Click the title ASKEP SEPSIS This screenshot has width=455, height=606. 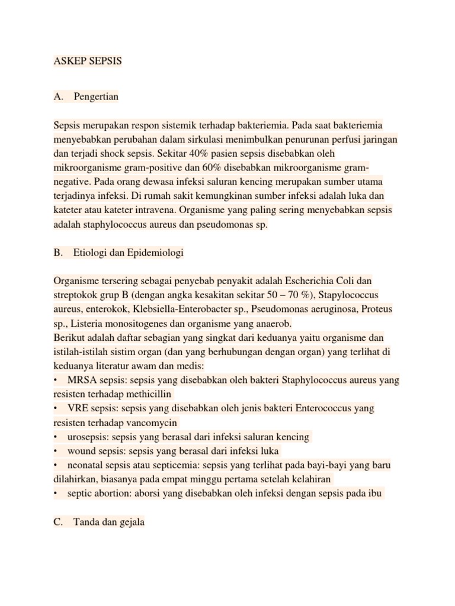pos(87,62)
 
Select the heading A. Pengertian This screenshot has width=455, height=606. pos(86,96)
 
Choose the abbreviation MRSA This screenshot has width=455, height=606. pos(81,380)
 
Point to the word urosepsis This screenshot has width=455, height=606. pos(87,437)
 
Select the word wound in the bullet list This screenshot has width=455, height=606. pos(80,451)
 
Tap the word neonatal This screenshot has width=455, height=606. pos(85,465)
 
